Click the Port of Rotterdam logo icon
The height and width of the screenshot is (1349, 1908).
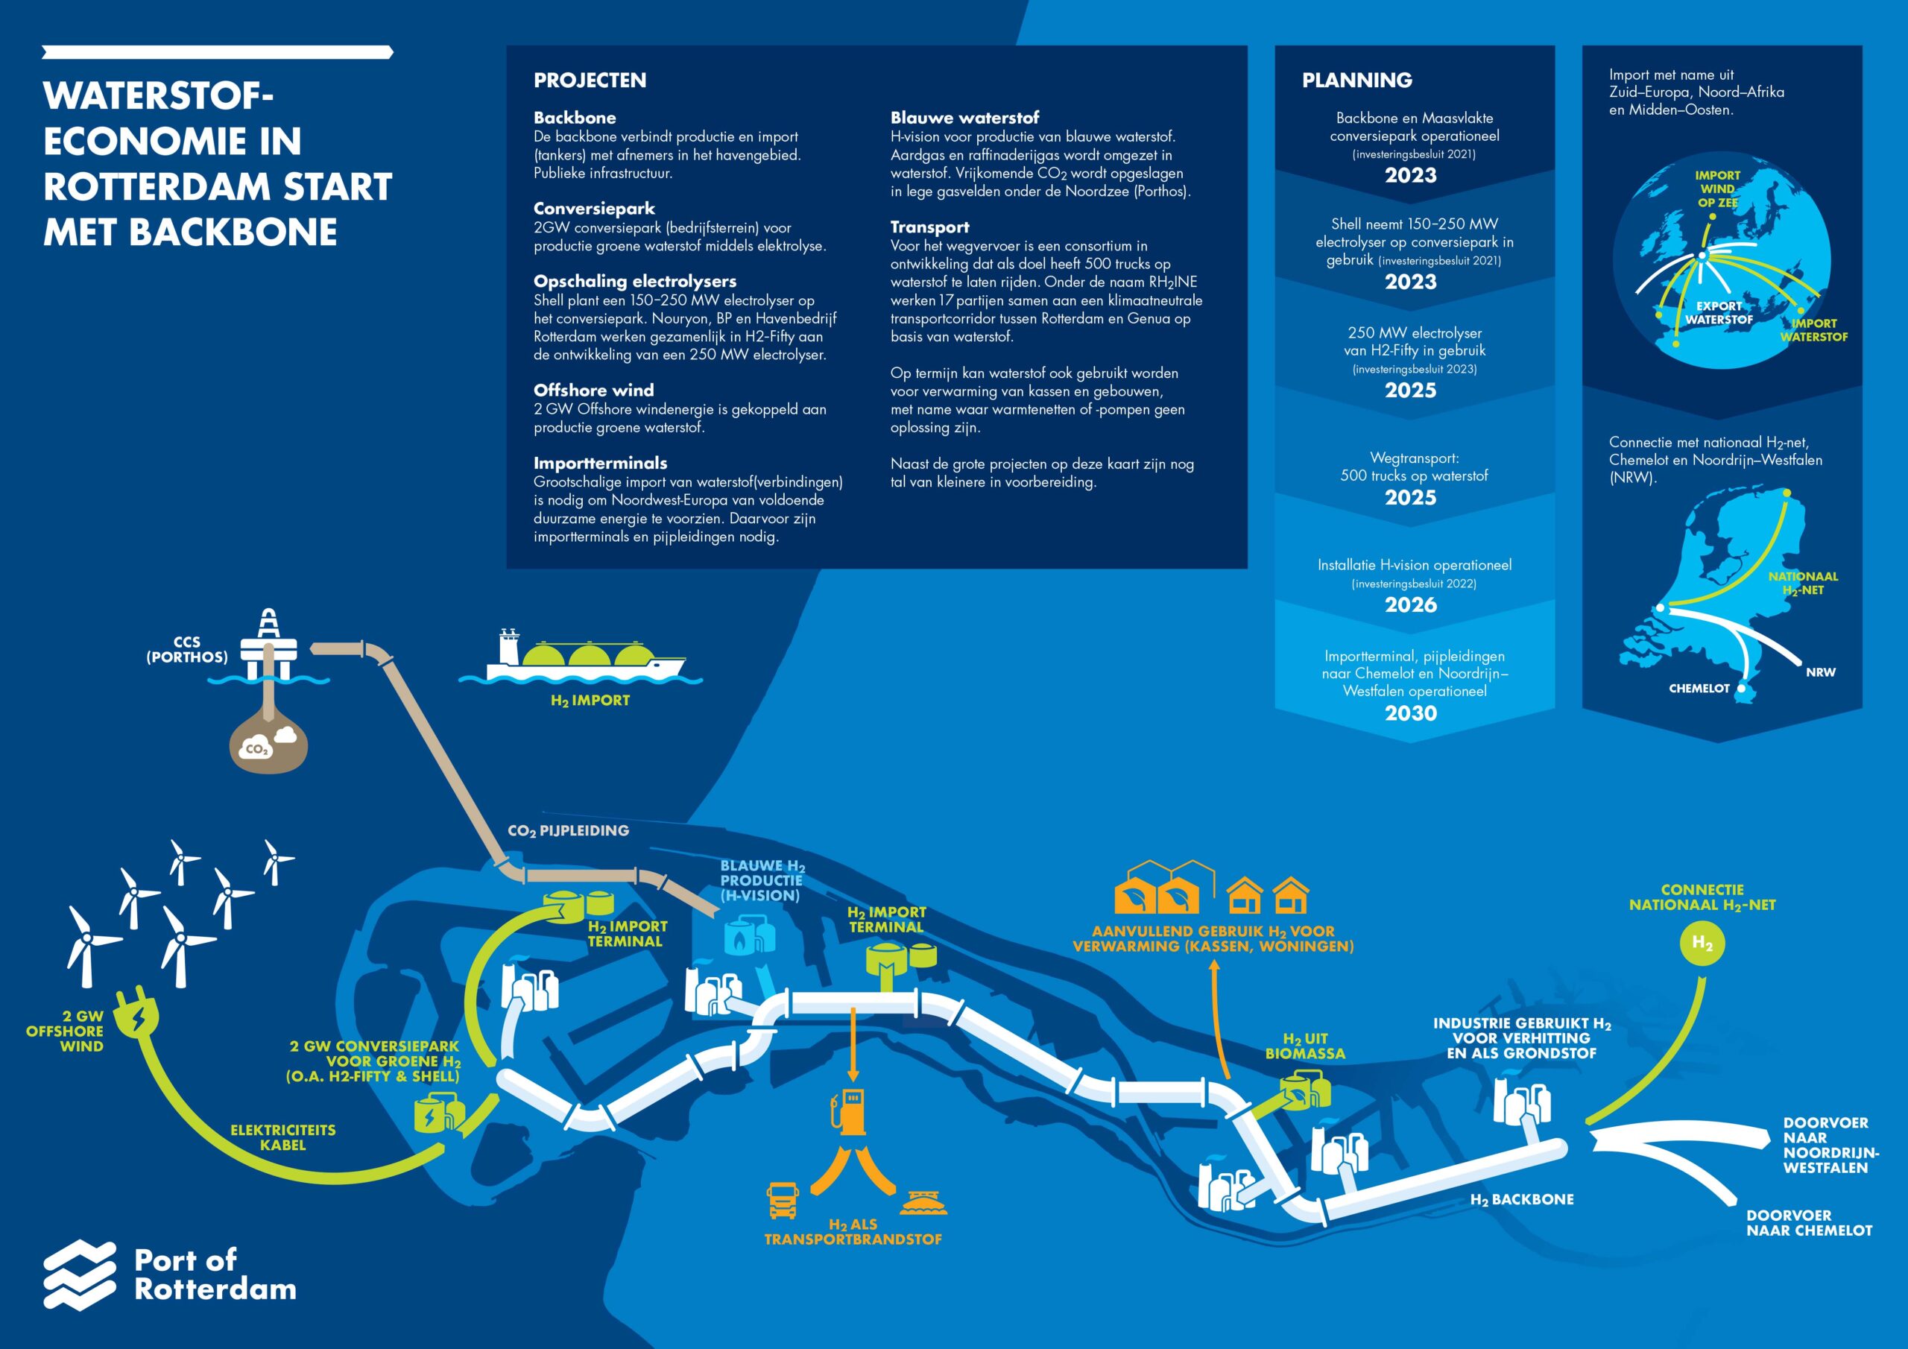tap(80, 1274)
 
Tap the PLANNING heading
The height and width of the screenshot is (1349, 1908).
tap(1356, 80)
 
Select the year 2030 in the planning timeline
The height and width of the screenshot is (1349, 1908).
tap(1410, 713)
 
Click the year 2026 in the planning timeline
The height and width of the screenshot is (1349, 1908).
tap(1410, 605)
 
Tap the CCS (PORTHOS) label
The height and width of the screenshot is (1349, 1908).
tap(187, 649)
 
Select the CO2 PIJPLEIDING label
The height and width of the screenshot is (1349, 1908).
tap(569, 830)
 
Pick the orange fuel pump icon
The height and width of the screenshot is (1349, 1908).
tap(848, 1110)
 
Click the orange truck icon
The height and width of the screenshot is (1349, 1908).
tap(783, 1200)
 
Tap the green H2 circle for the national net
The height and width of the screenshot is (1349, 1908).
tap(1702, 944)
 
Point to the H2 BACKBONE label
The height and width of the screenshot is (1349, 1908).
tap(1522, 1199)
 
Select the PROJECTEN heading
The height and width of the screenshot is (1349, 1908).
tap(590, 80)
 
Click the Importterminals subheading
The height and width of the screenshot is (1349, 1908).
tap(600, 463)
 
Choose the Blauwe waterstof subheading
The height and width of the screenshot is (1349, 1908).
tap(964, 118)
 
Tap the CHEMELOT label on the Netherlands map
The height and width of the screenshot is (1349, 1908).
tap(1699, 688)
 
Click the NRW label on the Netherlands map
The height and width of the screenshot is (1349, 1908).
tap(1820, 672)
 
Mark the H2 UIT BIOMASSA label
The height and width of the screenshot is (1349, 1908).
tap(1305, 1046)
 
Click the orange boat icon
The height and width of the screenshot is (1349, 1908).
tap(923, 1202)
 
